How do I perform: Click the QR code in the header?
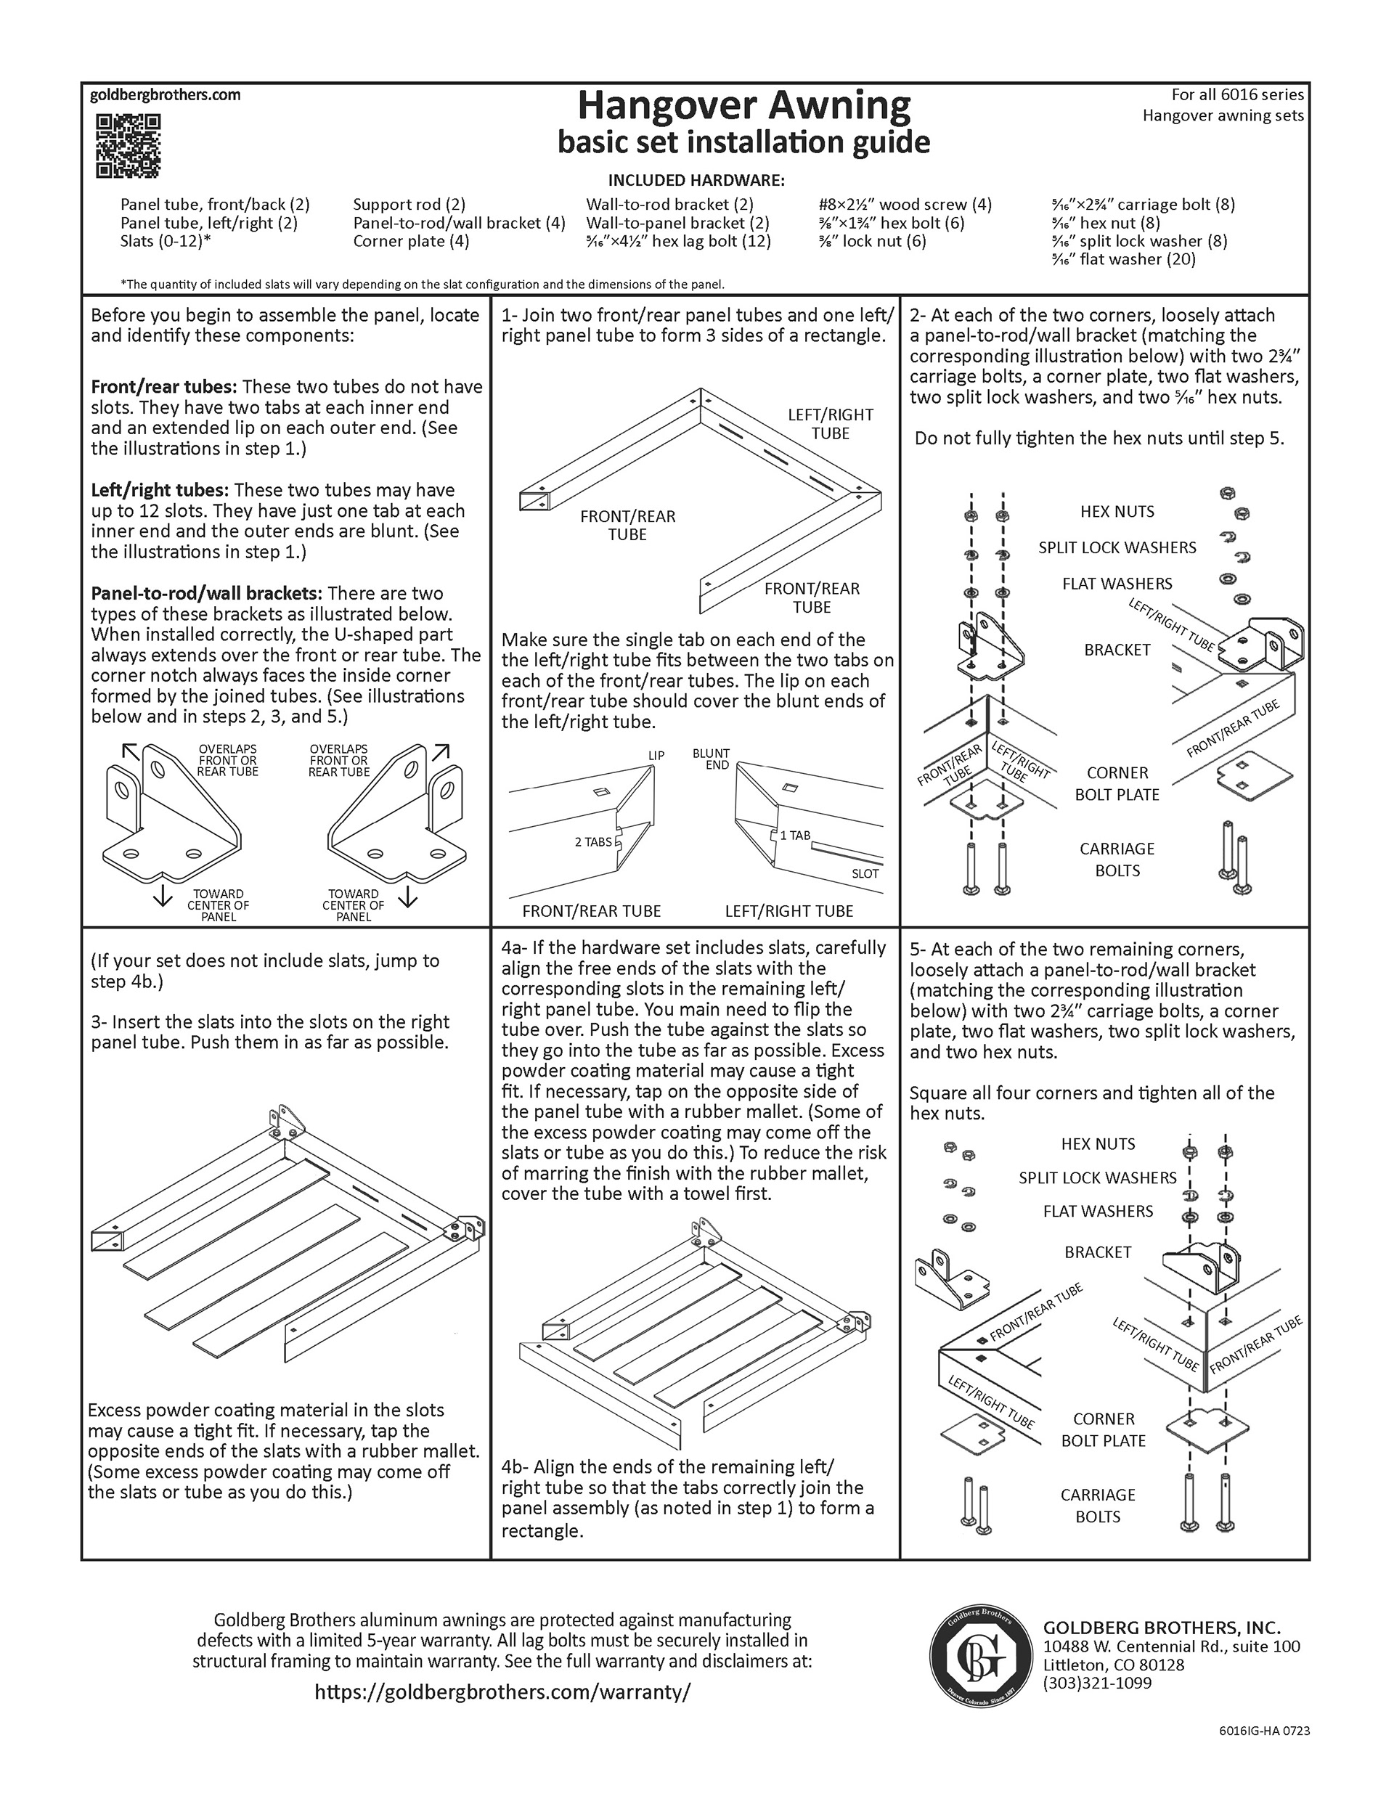128,146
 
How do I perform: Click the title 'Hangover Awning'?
743,106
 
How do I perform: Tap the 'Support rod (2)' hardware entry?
409,204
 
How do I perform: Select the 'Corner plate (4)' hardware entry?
411,241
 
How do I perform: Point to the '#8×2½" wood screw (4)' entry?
904,204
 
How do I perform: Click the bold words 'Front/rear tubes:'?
163,386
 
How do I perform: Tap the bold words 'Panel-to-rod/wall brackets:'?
207,593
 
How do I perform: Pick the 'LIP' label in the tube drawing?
656,755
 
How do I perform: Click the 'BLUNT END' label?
712,759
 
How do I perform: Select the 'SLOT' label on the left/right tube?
865,873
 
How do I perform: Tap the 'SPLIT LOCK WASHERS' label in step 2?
1117,547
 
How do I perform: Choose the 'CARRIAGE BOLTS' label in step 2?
1117,859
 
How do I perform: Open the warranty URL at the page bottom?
502,1691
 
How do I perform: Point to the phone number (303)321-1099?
1096,1683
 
